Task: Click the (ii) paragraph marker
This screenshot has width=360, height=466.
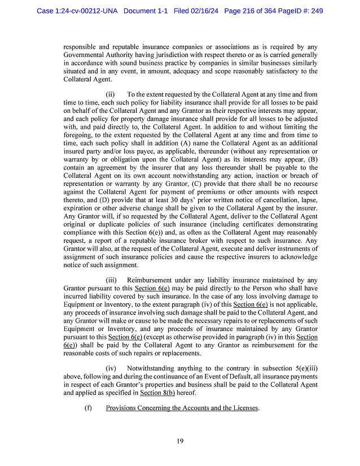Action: click(x=111, y=94)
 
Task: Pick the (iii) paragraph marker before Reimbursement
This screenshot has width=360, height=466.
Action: click(x=112, y=280)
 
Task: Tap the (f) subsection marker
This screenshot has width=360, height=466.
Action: click(x=88, y=408)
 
